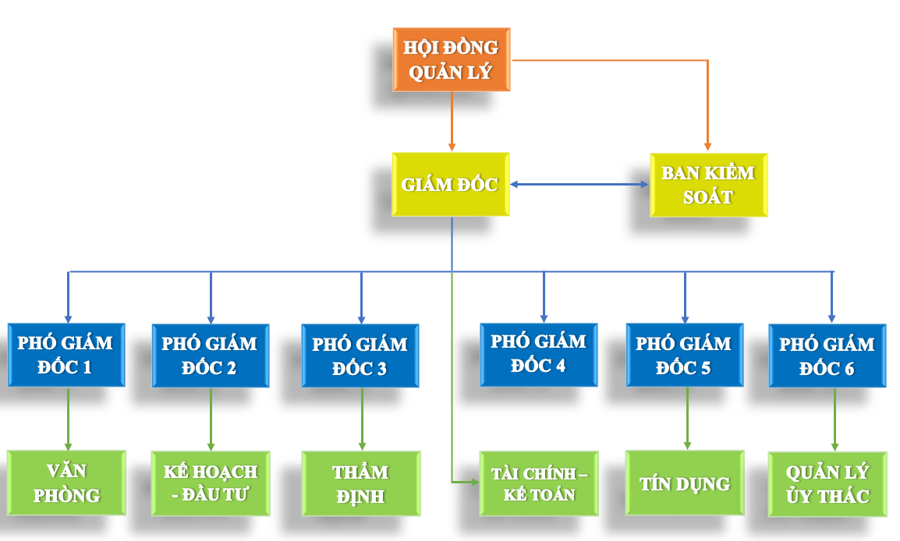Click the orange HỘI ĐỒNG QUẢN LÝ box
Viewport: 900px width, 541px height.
tap(451, 60)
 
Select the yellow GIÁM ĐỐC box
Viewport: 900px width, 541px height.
tap(451, 185)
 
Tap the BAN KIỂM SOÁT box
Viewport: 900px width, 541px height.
tap(708, 185)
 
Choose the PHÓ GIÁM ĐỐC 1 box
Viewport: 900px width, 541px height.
tap(66, 355)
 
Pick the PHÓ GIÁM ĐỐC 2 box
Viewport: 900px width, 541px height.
tap(211, 355)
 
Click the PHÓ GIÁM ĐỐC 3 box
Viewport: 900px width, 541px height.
tap(360, 355)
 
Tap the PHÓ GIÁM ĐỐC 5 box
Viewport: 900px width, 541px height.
tap(684, 355)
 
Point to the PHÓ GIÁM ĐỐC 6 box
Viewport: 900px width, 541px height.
tap(827, 355)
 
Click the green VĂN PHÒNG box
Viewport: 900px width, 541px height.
tap(66, 483)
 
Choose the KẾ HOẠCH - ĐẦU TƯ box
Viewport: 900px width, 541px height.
tap(211, 483)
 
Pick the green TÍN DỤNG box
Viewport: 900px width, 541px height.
tap(685, 483)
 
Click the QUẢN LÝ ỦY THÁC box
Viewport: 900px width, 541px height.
tap(827, 484)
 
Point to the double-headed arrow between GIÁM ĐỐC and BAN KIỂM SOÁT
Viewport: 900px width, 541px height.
tap(579, 185)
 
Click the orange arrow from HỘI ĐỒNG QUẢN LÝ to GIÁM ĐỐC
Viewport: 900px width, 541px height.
tap(452, 121)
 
